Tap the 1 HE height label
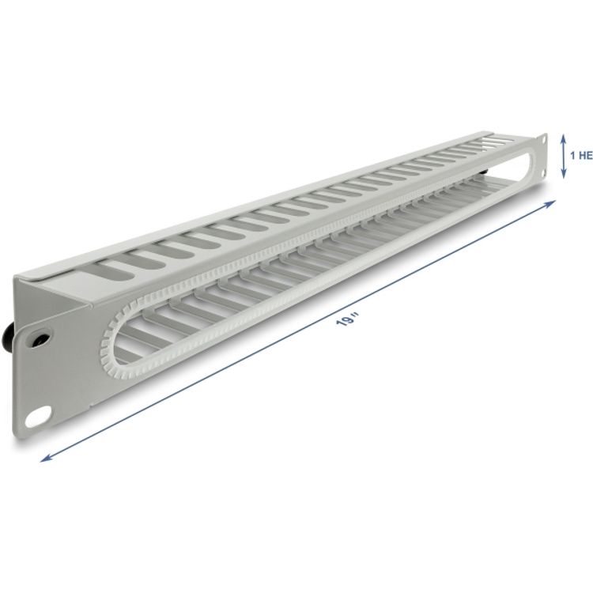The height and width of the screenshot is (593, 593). click(580, 156)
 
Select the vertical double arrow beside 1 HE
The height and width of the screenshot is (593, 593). click(563, 155)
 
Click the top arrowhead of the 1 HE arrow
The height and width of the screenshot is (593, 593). click(563, 135)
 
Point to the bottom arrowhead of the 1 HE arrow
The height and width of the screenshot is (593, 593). click(563, 176)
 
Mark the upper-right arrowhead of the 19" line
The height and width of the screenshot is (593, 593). click(553, 202)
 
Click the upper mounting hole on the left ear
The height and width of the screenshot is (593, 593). click(36, 336)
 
